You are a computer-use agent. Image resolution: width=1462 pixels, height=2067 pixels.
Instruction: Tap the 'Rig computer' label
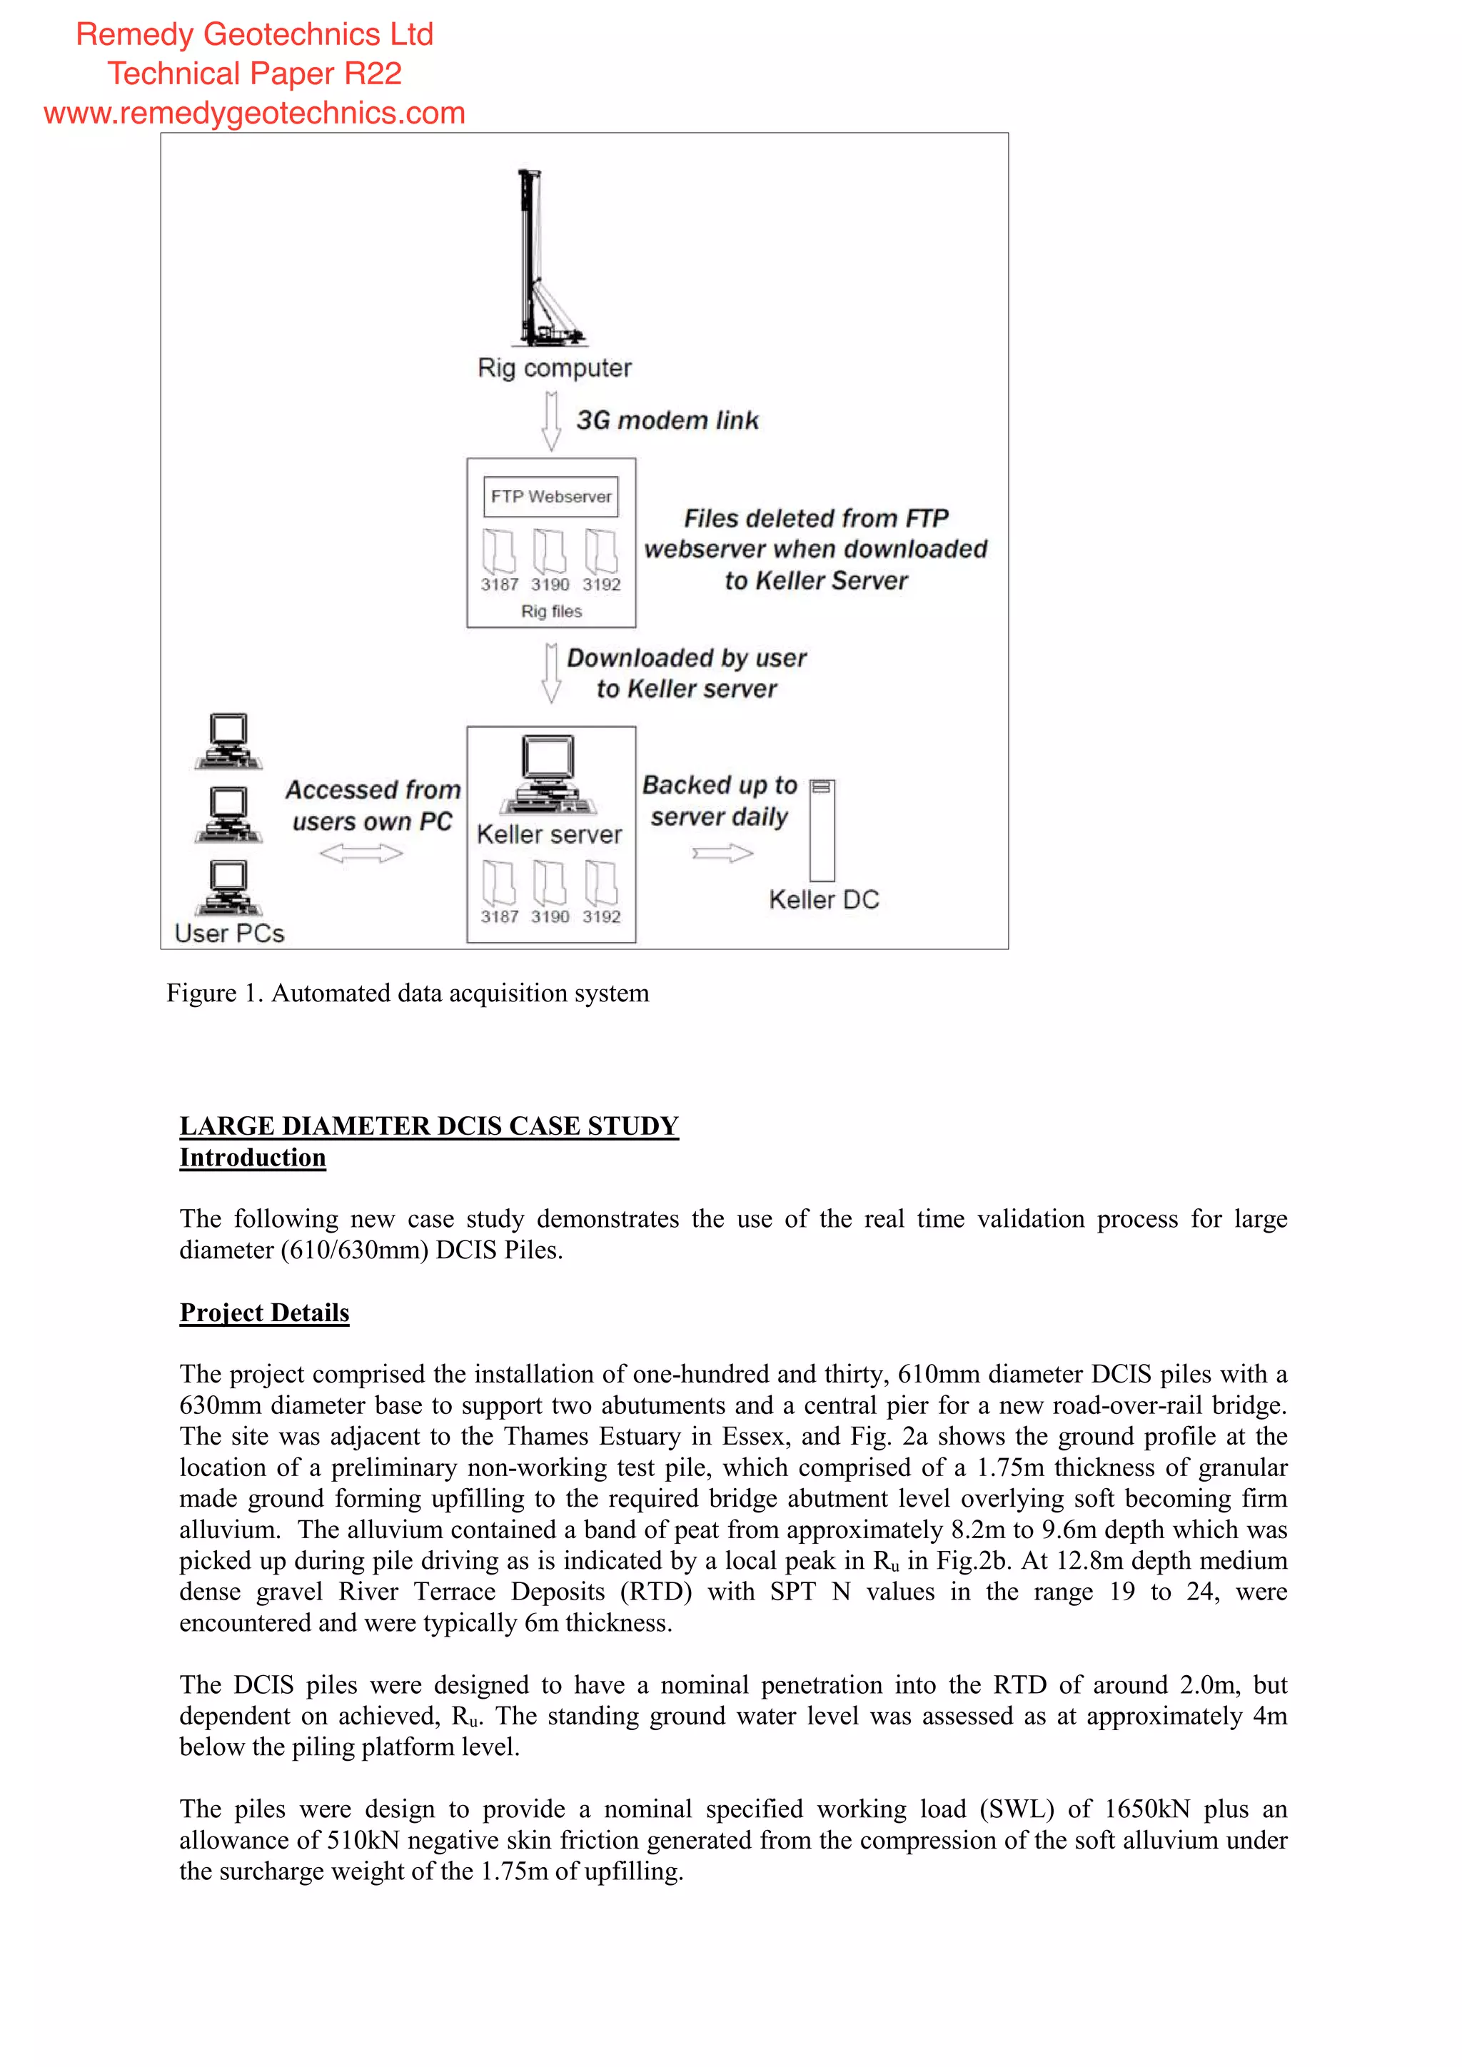point(554,368)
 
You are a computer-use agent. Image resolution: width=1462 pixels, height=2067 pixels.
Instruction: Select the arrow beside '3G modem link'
point(551,420)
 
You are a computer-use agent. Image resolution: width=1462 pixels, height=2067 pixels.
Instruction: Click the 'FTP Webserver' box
point(551,497)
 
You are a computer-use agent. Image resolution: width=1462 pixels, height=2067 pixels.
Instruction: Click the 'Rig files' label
point(551,611)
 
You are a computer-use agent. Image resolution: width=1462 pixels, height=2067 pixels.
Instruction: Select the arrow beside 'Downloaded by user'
point(551,672)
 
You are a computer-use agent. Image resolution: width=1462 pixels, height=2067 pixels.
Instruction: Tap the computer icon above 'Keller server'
point(549,773)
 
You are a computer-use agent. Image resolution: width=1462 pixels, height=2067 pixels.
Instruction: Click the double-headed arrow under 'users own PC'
point(361,854)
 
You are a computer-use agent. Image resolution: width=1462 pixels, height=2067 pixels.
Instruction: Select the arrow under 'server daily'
point(722,854)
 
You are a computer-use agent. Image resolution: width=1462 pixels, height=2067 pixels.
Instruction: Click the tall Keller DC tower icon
point(822,830)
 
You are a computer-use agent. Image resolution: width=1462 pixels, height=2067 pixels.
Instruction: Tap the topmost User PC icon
point(228,742)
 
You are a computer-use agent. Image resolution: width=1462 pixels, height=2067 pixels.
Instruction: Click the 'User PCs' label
point(230,934)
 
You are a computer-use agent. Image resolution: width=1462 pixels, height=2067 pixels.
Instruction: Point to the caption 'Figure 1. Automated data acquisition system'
point(408,993)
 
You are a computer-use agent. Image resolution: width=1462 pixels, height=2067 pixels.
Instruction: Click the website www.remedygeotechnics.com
point(255,113)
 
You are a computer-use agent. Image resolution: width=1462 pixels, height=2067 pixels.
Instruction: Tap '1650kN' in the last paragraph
point(1146,1809)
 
